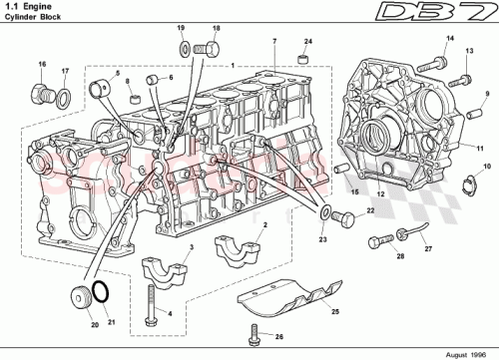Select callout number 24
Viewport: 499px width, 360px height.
coord(307,41)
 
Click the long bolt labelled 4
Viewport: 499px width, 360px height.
coord(149,303)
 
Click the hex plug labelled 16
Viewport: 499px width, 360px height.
coord(43,94)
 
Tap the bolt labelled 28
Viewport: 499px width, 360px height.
coord(377,240)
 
